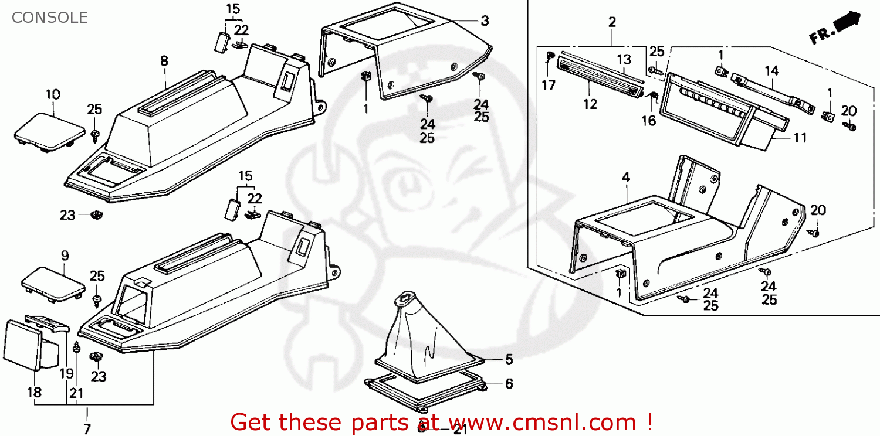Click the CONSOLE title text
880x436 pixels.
coord(50,18)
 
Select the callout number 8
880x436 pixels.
coord(164,60)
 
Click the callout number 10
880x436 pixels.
coord(53,94)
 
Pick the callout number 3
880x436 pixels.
coord(485,21)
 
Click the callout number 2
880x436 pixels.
coord(612,22)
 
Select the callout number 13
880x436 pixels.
coord(624,59)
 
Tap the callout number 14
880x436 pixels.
coord(771,71)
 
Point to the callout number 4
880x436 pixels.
coord(626,176)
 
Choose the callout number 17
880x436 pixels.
coord(549,86)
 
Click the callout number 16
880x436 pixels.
coord(649,121)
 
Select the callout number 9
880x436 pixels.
coord(65,256)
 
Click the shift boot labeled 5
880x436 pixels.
coord(422,334)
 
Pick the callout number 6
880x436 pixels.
coord(509,384)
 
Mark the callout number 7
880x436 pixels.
coord(87,430)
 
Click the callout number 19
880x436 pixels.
coord(66,373)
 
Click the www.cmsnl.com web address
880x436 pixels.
coord(545,422)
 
